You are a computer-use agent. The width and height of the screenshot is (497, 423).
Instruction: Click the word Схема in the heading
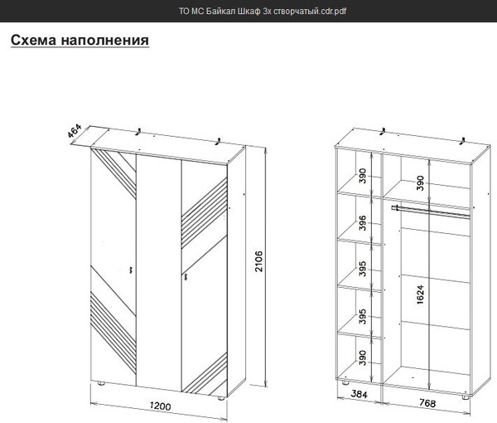(x=36, y=40)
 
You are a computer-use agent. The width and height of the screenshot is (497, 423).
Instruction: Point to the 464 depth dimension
(x=74, y=131)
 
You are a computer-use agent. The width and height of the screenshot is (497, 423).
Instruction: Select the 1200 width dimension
(x=160, y=406)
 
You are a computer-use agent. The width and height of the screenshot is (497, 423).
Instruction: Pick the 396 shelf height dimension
(x=362, y=222)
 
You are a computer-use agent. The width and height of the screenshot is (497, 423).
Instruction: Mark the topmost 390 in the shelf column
(x=362, y=177)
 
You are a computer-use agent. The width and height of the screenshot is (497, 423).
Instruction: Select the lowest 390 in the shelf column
(x=362, y=357)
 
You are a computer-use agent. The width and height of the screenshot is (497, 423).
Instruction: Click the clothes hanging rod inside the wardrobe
(x=432, y=212)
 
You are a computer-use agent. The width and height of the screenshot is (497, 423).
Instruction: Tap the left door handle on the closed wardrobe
(x=132, y=268)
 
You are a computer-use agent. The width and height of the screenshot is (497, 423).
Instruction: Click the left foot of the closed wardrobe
(x=99, y=385)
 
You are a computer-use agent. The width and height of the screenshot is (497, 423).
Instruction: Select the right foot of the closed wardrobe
(x=221, y=396)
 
